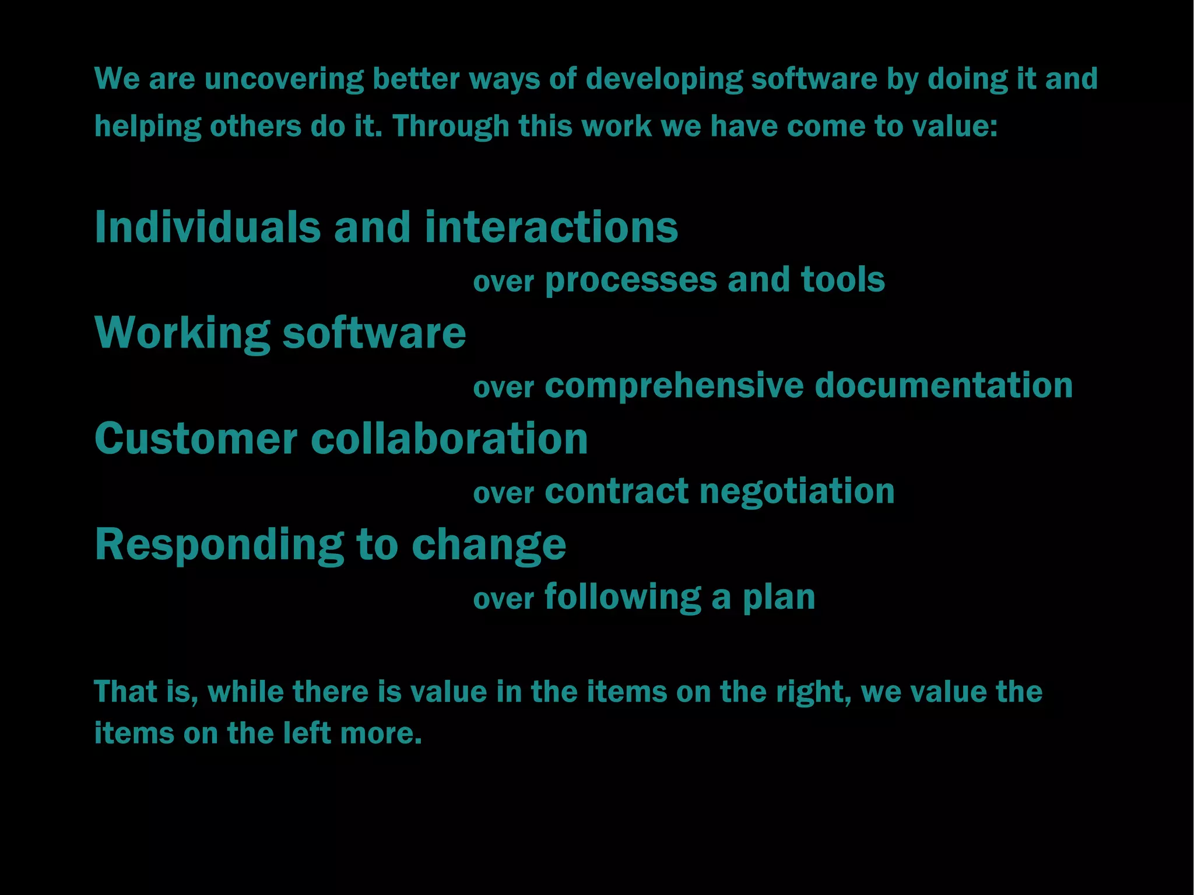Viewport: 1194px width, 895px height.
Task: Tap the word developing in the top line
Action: [664, 79]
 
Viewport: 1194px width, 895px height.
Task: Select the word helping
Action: [148, 127]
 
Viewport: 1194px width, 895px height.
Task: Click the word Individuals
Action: [208, 227]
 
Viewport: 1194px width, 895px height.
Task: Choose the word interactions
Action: [551, 227]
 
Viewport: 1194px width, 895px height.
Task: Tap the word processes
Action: [630, 280]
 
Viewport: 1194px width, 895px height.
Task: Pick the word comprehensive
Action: [674, 386]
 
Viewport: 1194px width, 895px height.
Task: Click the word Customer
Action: [196, 438]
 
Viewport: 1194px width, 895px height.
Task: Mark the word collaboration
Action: [449, 438]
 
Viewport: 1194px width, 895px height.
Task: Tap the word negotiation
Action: [796, 491]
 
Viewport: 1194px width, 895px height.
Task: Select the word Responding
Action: [219, 545]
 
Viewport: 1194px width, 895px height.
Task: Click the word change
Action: [489, 545]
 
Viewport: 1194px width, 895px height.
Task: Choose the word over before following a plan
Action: [503, 599]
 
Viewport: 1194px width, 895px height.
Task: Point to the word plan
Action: [778, 598]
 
